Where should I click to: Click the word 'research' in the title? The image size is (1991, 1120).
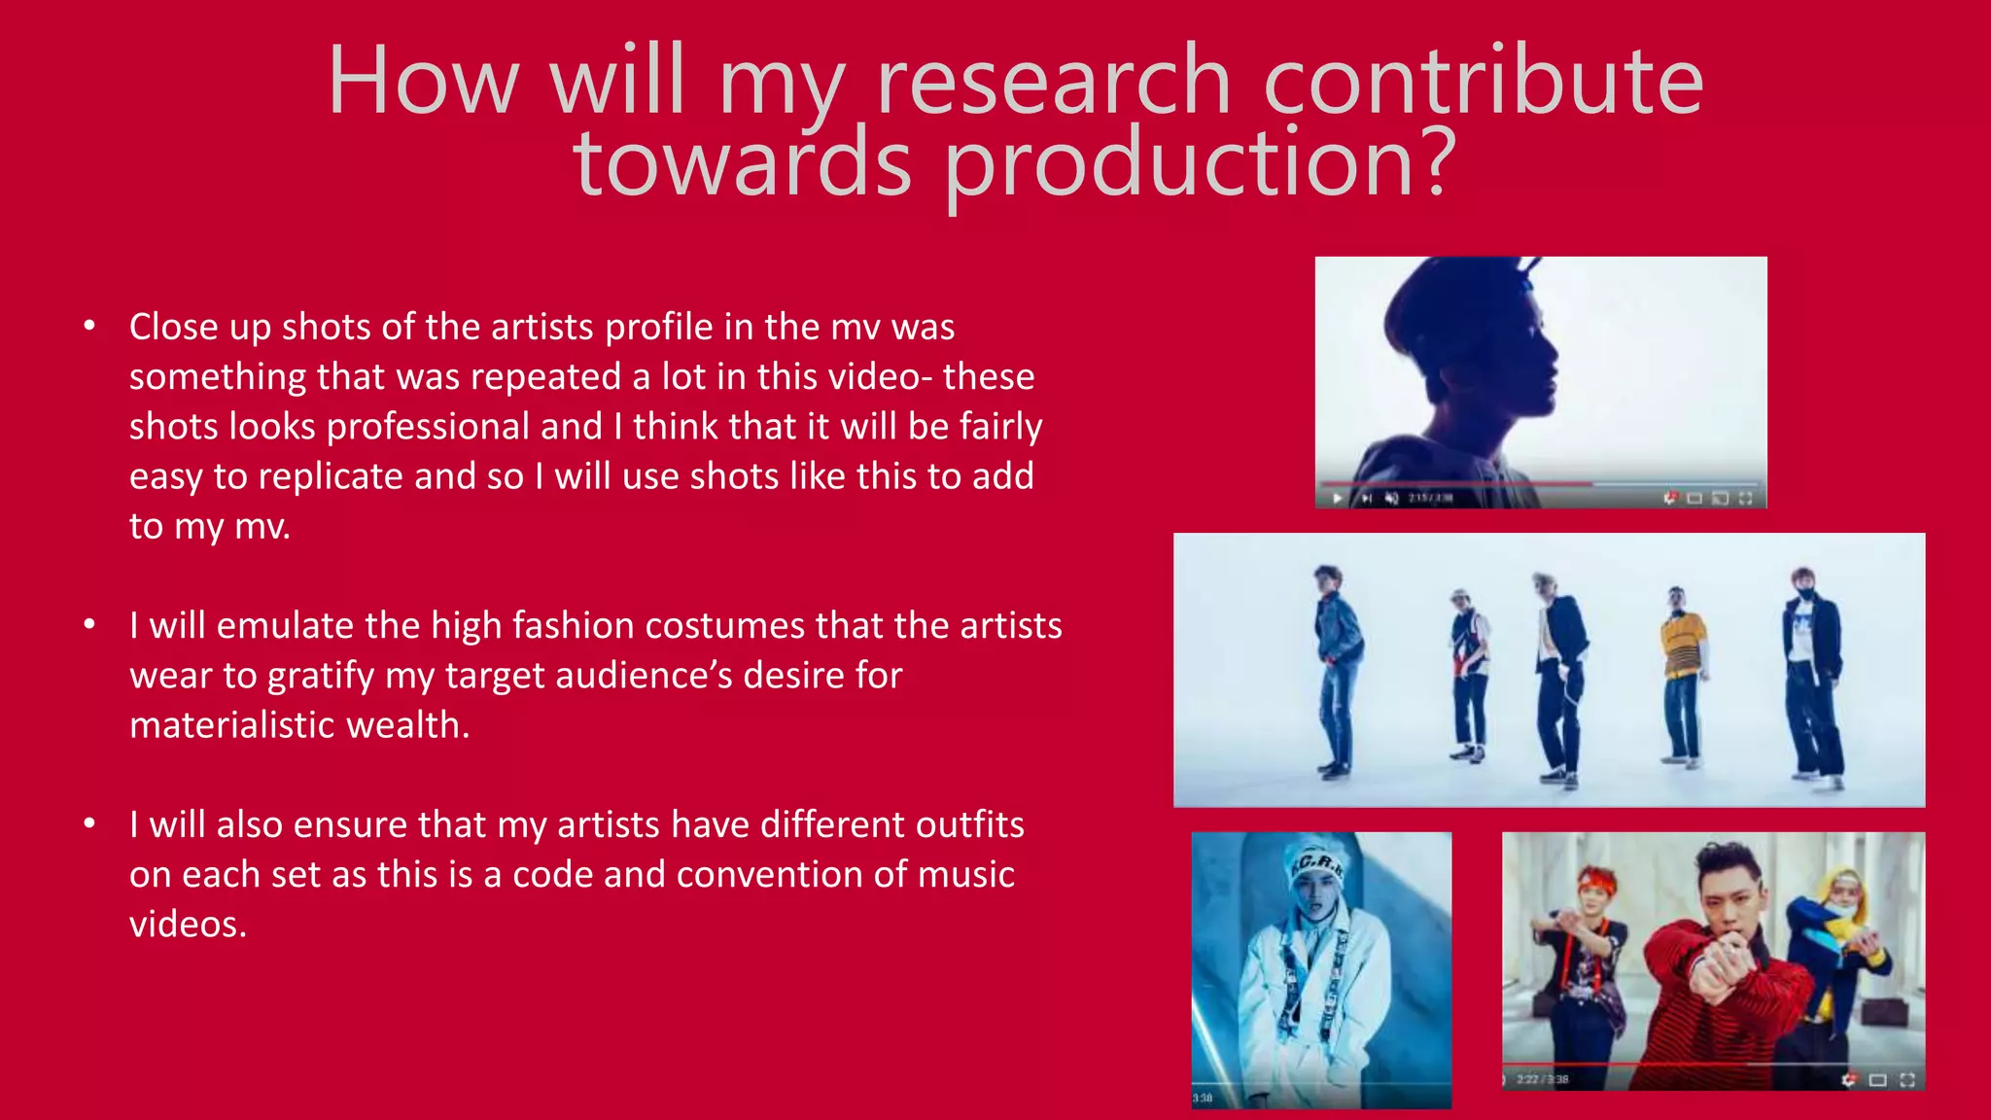coord(1054,82)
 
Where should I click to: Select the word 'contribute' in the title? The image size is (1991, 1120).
coord(1484,82)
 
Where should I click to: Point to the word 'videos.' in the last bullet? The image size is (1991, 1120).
coord(188,925)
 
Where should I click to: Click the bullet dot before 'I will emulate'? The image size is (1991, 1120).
coord(89,624)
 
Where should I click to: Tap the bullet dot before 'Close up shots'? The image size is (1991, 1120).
coord(89,326)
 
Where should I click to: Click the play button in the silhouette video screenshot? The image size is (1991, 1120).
coord(1338,498)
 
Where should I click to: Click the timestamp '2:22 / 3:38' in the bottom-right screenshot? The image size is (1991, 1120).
coord(1543,1079)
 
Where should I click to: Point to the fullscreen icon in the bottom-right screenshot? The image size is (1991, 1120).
coord(1907,1079)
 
